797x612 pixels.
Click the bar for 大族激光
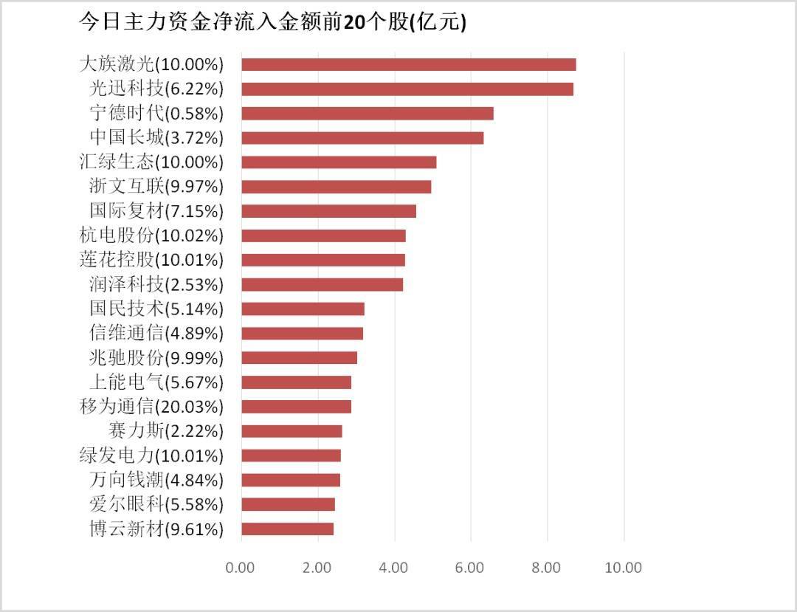click(x=408, y=64)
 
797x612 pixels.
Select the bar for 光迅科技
click(x=407, y=89)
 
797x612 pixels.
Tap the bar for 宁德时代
click(x=367, y=113)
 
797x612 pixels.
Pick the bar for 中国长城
click(x=362, y=137)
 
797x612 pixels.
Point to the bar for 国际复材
click(x=328, y=211)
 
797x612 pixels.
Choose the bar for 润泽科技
click(x=322, y=284)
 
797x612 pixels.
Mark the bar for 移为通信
click(x=296, y=406)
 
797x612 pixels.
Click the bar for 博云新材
click(x=287, y=529)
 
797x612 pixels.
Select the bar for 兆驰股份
click(x=299, y=357)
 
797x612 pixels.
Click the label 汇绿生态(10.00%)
click(x=151, y=162)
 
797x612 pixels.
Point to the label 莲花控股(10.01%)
click(x=151, y=260)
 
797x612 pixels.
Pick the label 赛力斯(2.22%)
click(x=165, y=431)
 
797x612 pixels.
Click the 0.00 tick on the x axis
click(x=241, y=568)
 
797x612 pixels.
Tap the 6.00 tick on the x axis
click(x=470, y=568)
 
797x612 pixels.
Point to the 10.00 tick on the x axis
click(x=624, y=568)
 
